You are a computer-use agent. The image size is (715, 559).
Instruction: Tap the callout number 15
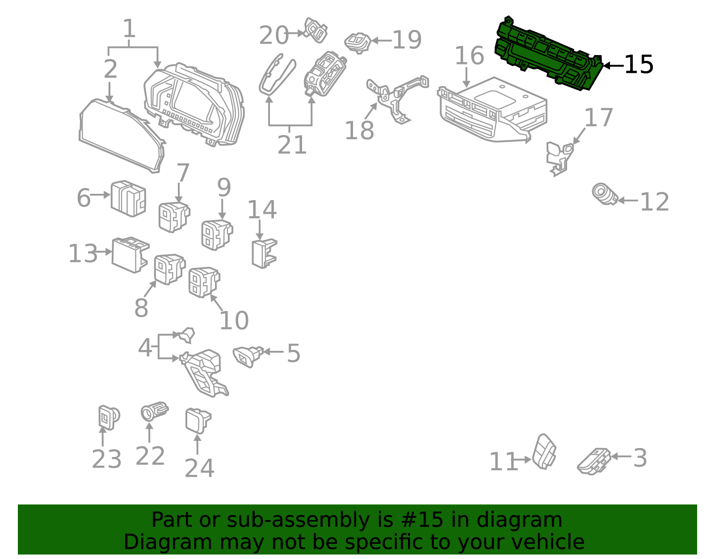pos(639,65)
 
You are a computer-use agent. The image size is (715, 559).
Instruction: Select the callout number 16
pos(469,56)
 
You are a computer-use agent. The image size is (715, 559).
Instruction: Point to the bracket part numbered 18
pos(395,96)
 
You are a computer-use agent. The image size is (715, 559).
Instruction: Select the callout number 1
pos(129,29)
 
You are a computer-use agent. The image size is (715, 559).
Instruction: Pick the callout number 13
pos(83,254)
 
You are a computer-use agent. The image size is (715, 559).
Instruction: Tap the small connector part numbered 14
pos(264,253)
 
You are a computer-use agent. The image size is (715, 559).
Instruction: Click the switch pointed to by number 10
pos(203,282)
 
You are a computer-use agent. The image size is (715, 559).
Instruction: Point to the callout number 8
pos(141,308)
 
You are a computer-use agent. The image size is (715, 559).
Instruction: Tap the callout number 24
pos(199,469)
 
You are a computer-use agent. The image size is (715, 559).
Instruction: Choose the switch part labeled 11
pos(545,451)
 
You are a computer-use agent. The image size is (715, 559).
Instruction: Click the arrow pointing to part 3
pos(621,457)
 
